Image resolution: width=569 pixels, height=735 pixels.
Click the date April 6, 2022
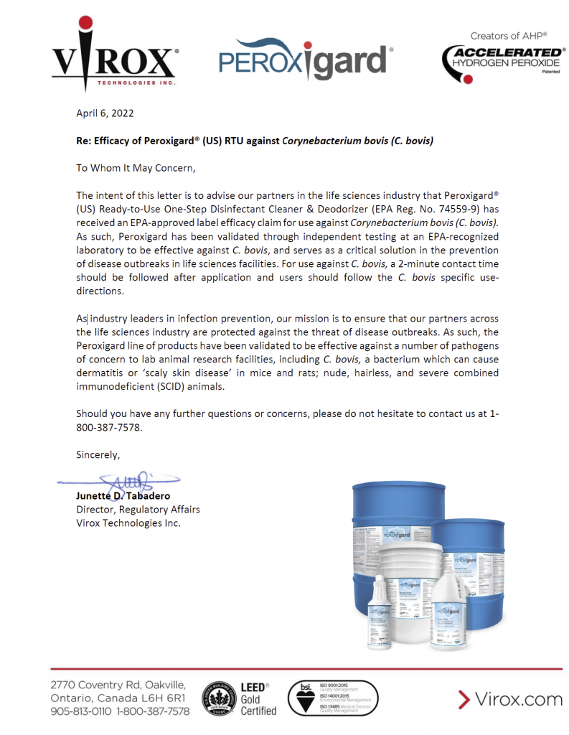coord(105,113)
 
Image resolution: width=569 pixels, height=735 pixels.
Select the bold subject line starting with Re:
coord(255,141)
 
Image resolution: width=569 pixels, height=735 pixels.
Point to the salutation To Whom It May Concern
coord(136,168)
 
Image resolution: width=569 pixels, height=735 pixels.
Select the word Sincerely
coord(98,454)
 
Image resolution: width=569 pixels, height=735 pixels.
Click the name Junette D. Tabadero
coord(123,496)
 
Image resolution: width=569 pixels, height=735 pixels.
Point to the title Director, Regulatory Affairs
coord(138,510)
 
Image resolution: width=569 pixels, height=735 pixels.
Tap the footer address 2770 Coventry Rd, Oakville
coord(118,685)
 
